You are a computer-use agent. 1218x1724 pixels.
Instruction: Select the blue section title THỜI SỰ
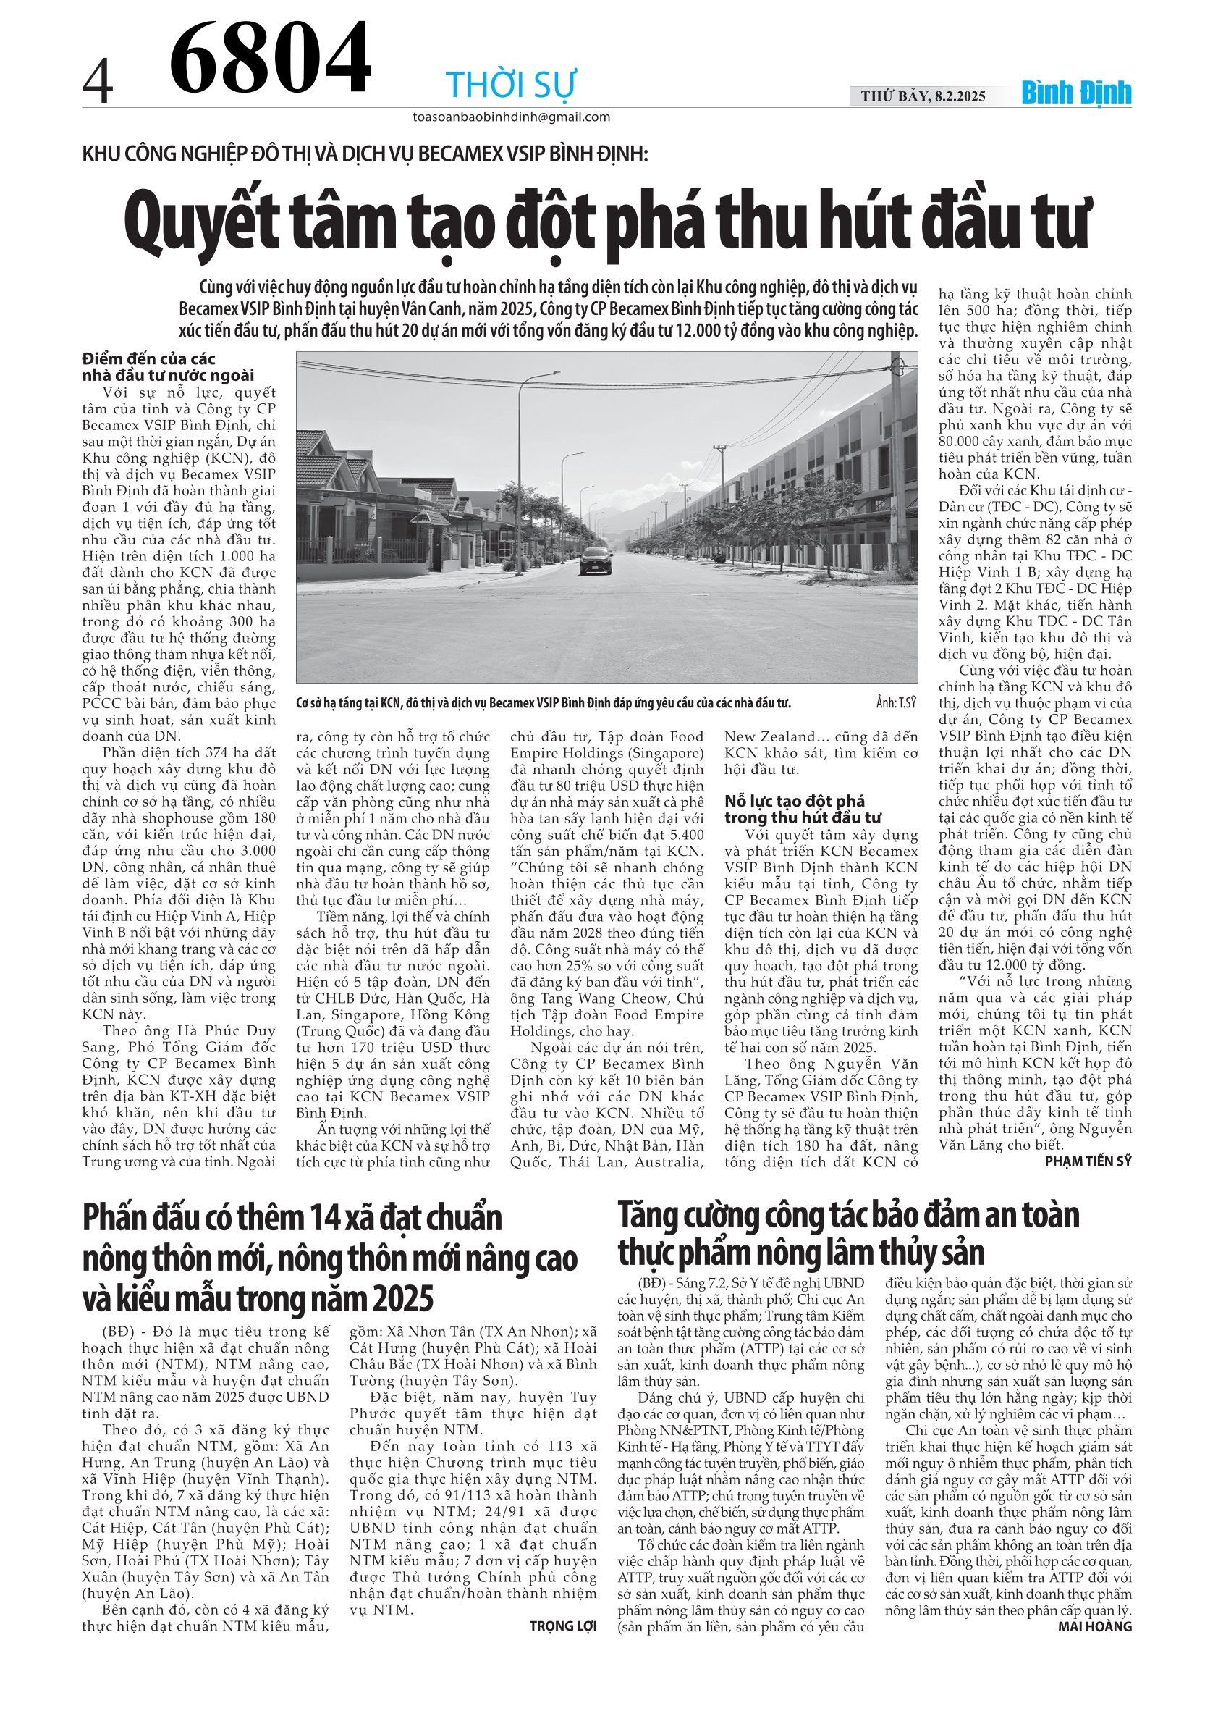(x=510, y=84)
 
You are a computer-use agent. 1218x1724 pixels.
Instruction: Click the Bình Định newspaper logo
(x=1076, y=93)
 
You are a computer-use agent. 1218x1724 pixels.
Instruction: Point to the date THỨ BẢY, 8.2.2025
(x=923, y=96)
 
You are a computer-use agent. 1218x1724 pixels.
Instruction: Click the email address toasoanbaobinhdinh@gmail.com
(x=511, y=117)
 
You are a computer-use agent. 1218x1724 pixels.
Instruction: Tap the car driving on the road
(x=595, y=560)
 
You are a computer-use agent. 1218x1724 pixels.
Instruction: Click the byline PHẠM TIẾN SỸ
(x=1088, y=1161)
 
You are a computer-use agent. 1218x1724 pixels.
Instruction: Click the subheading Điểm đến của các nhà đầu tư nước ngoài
(x=168, y=367)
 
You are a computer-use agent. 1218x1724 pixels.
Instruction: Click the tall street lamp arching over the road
(x=521, y=466)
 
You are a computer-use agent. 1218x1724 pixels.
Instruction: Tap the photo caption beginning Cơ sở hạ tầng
(x=544, y=704)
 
